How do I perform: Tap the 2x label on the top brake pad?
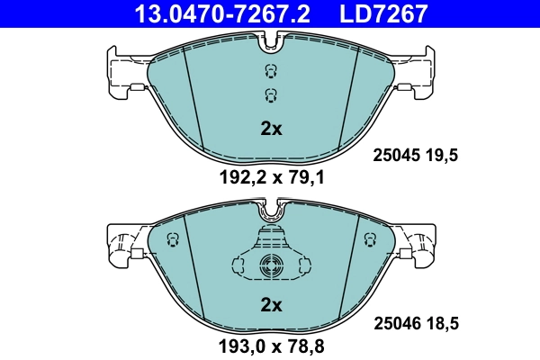[x=271, y=128]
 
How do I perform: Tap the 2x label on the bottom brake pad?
[x=271, y=305]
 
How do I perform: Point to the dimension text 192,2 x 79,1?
[x=271, y=178]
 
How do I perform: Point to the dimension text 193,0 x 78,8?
[x=271, y=346]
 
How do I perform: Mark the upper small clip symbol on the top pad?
[x=270, y=72]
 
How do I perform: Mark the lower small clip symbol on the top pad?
[x=270, y=94]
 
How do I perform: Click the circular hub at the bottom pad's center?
[x=271, y=265]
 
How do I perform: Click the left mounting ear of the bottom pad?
[x=121, y=245]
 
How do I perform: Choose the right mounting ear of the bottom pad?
[x=420, y=245]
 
